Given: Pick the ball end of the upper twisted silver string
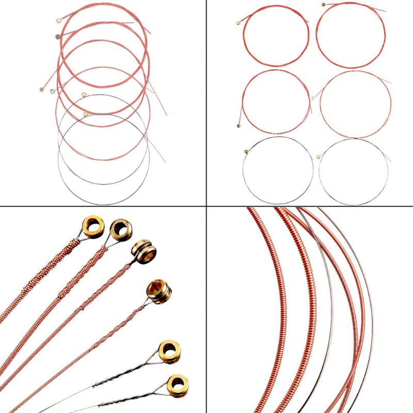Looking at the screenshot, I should [169, 351].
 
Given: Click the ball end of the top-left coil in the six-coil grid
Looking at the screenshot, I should [239, 22].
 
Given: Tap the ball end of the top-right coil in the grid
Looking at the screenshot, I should [324, 5].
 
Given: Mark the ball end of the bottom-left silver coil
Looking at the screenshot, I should [246, 151].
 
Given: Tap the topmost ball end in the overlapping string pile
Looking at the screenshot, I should [58, 22].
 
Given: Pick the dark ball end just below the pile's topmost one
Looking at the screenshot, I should [57, 36].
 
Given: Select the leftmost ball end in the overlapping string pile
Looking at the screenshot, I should [41, 90].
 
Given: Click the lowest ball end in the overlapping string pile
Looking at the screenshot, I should [86, 114].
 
